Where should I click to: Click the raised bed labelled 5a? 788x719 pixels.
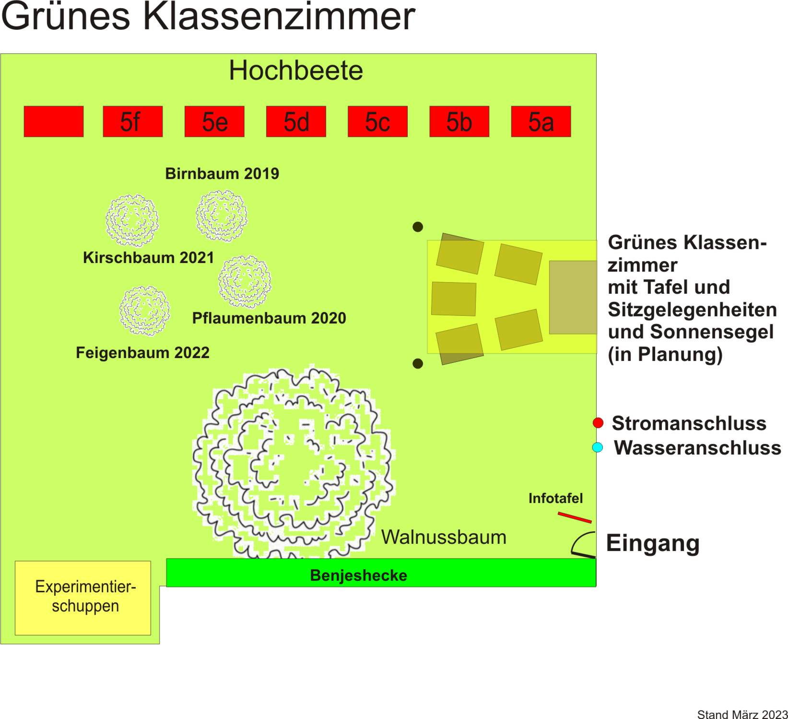click(x=541, y=121)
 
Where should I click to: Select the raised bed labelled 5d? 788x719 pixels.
click(x=296, y=121)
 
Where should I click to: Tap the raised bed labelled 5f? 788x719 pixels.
click(x=133, y=121)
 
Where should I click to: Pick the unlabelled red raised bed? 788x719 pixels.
click(x=54, y=121)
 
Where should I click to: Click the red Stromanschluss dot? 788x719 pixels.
click(x=598, y=423)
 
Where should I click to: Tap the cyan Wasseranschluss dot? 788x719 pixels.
click(x=598, y=447)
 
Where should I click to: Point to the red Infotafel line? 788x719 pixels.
click(x=575, y=517)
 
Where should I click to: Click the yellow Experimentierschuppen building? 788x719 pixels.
click(x=83, y=598)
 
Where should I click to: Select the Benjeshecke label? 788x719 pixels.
click(x=359, y=575)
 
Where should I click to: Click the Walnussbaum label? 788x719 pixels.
click(x=444, y=537)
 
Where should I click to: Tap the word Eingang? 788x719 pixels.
click(x=653, y=544)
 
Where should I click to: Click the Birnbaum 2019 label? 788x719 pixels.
click(x=222, y=173)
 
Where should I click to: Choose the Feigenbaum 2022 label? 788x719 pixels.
click(x=142, y=353)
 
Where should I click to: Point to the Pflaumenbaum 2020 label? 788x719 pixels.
click(x=269, y=318)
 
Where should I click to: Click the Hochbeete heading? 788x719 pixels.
click(x=296, y=71)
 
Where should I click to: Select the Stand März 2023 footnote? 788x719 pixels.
click(x=742, y=714)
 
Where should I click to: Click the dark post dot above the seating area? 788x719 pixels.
click(x=418, y=227)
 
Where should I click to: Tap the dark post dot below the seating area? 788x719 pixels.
click(x=418, y=364)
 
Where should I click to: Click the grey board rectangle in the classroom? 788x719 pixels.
click(x=573, y=297)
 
